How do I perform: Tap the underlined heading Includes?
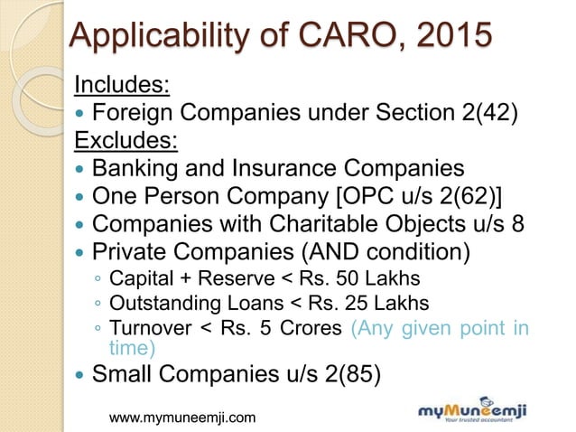pyautogui.click(x=122, y=86)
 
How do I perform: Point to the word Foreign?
pyautogui.click(x=141, y=114)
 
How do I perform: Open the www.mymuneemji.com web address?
pyautogui.click(x=181, y=416)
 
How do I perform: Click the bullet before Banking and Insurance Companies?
pyautogui.click(x=80, y=169)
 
